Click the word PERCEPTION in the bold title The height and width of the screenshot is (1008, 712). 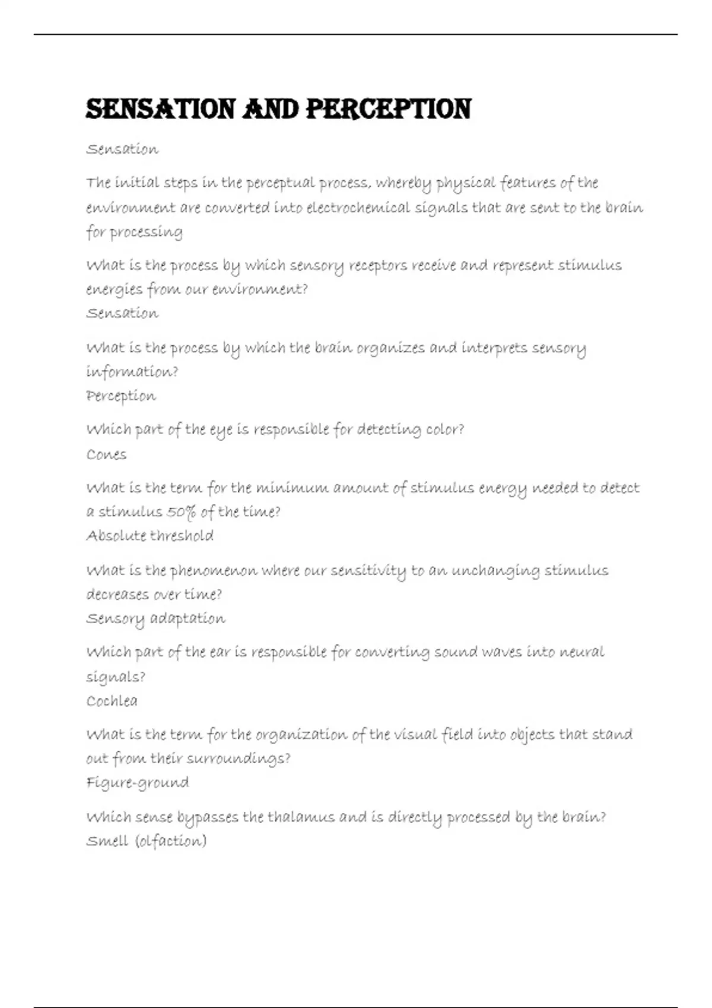pos(389,110)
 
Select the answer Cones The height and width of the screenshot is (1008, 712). pos(106,455)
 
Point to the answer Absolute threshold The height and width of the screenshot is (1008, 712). pos(150,536)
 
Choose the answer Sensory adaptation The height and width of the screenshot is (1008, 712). pos(155,618)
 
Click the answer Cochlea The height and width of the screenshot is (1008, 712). pos(112,701)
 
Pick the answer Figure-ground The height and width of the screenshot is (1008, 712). pos(138,783)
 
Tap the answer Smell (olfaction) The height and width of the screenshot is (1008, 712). pos(146,841)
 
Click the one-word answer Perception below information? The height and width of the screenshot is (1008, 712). pos(121,395)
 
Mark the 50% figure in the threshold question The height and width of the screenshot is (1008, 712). pos(181,512)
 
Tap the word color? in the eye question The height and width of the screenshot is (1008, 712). pos(445,429)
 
